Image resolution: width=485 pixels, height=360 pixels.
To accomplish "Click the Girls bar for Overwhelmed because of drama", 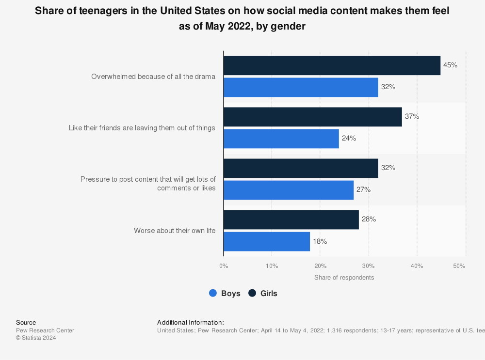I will point(332,65).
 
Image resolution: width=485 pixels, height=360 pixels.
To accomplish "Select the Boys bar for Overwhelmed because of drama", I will point(301,87).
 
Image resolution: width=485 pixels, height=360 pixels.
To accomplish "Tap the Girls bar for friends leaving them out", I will point(313,117).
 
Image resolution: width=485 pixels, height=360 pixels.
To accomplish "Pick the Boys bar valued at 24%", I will point(281,139).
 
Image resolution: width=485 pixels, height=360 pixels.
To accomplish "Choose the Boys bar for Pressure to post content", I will point(289,190).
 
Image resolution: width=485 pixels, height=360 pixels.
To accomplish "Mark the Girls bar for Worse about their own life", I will point(291,219).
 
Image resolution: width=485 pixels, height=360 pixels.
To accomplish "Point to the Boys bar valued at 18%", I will point(267,241).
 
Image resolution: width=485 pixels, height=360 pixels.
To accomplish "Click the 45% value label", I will point(450,65).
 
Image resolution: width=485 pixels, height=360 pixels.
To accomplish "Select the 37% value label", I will point(412,116).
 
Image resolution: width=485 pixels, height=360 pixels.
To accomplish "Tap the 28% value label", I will point(369,219).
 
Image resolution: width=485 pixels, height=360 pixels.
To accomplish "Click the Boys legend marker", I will point(213,293).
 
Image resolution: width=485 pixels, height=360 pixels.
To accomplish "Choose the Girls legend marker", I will point(252,293).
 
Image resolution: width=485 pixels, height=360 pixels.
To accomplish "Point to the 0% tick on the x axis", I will point(224,266).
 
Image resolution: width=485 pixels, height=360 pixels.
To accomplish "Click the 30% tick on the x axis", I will point(369,266).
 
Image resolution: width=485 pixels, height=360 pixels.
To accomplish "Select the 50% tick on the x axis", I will point(459,266).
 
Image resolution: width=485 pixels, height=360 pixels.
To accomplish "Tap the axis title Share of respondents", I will point(344,278).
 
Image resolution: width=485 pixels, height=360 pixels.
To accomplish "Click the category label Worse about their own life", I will point(175,231).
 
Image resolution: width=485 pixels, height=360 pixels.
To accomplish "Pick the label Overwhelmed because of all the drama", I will point(153,77).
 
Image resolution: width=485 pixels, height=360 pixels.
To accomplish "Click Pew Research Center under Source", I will point(45,330).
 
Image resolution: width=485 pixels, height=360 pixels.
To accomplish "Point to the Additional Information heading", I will point(191,322).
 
